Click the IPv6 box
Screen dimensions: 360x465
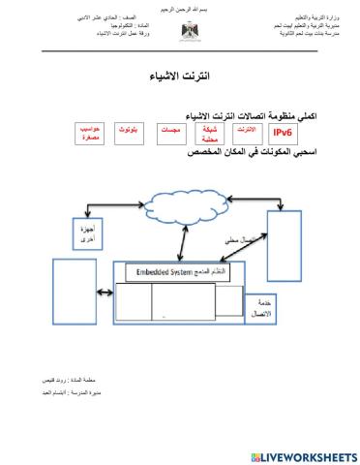(284, 133)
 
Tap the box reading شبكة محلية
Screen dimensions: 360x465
(206, 133)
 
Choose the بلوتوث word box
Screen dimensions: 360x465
(126, 129)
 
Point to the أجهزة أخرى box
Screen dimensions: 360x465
(82, 232)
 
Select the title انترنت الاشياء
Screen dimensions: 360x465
(181, 76)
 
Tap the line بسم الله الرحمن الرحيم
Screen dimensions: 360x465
(179, 8)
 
